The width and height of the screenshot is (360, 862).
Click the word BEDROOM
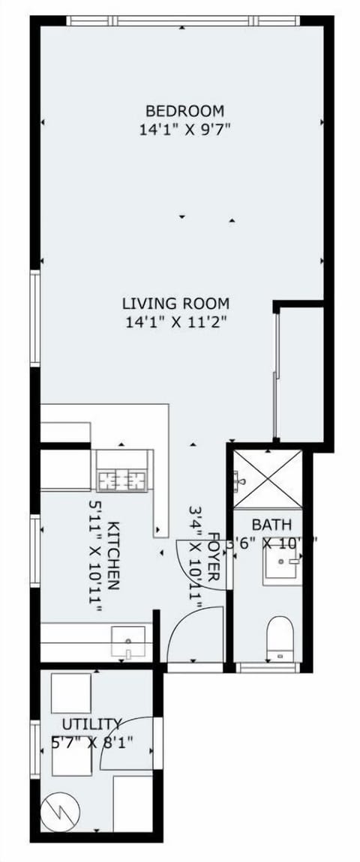pos(184,111)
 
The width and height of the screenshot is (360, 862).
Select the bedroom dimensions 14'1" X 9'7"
pos(184,129)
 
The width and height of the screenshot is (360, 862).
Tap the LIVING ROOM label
pos(175,304)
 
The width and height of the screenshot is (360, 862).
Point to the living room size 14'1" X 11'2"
pos(175,323)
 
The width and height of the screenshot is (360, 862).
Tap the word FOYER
pos(214,558)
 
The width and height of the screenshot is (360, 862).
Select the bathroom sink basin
pos(282,565)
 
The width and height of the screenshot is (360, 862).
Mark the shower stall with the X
pos(267,479)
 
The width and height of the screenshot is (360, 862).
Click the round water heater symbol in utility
pos(58,813)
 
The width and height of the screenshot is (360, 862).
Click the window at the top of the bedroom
pos(183,20)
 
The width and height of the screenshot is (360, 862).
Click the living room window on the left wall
pos(34,318)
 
